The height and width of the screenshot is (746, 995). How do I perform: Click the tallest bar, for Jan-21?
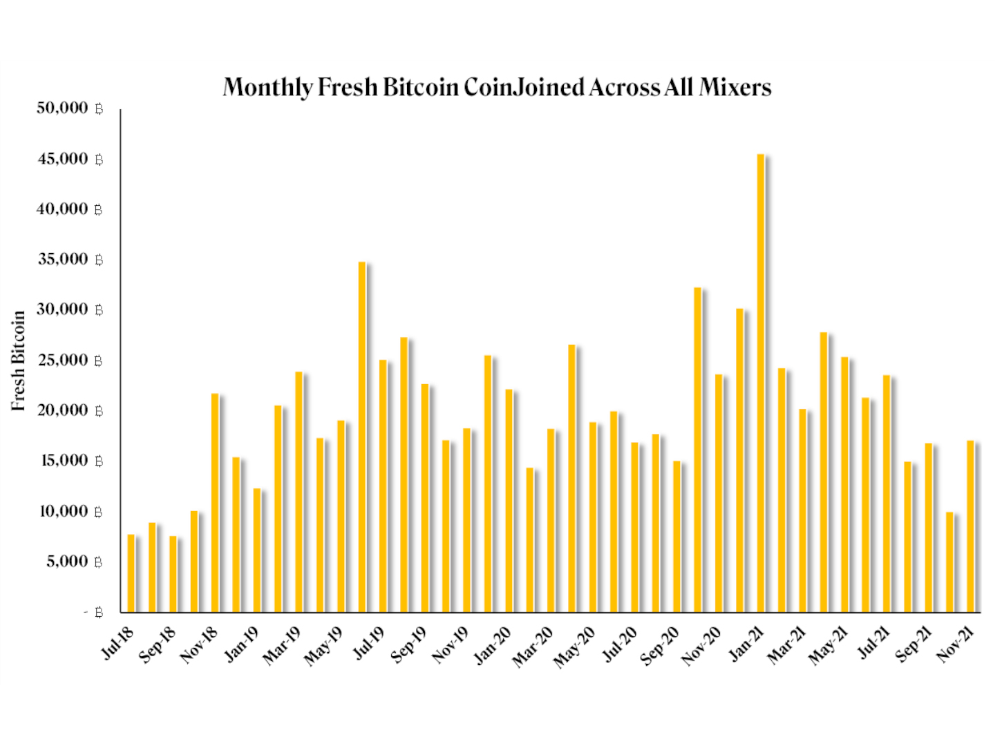[761, 383]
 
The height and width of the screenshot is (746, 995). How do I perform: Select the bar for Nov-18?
[215, 503]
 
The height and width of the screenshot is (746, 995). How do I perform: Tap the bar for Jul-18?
[131, 573]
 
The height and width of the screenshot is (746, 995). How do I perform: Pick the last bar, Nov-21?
[970, 526]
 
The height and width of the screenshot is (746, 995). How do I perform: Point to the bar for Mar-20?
[530, 540]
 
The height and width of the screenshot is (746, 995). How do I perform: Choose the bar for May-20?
[571, 478]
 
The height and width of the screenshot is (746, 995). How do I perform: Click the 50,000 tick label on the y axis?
[63, 108]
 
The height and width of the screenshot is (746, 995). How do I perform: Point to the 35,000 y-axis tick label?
[63, 259]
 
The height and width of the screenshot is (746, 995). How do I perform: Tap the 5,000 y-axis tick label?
[68, 562]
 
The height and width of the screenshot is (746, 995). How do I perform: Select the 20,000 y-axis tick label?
[63, 410]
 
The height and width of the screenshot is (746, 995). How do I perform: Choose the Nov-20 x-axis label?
[702, 645]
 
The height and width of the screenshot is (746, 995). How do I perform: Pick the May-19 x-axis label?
[324, 645]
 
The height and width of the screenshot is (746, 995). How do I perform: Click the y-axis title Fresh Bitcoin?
[19, 361]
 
